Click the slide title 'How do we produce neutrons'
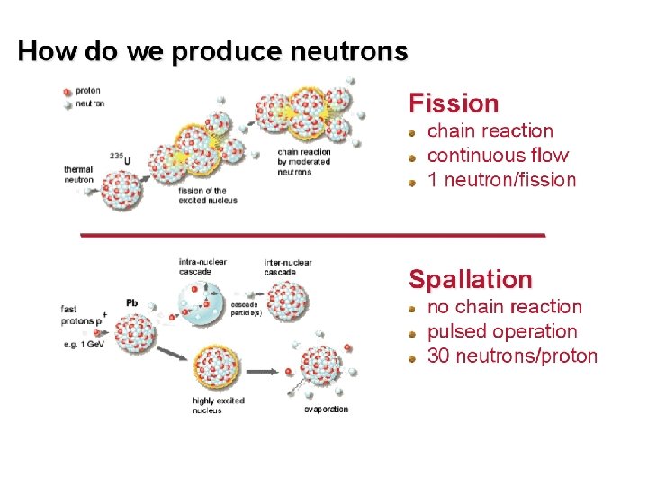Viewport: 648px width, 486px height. coord(212,51)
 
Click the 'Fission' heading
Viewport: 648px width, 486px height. coord(454,103)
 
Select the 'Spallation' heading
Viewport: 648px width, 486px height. coord(470,279)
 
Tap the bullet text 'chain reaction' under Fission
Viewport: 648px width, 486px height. coord(490,131)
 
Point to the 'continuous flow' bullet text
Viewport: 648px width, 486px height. coord(498,155)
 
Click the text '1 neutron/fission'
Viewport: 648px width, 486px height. coord(501,179)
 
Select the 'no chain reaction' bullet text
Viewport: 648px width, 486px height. coord(504,308)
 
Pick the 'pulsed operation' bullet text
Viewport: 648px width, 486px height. coord(501,331)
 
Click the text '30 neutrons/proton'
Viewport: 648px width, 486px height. coord(511,355)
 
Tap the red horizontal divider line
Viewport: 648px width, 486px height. coord(313,234)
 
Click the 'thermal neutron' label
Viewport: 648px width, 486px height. coord(78,175)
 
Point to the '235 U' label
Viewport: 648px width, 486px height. coord(120,157)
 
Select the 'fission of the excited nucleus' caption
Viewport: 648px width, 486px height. coord(208,195)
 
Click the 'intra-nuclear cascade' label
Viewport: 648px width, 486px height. coord(202,266)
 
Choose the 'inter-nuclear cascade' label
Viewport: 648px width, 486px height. coord(288,266)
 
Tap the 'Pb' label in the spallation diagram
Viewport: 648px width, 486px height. coord(131,302)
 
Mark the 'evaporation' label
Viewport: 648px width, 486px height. coord(326,409)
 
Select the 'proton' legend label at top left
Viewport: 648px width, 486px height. coord(87,90)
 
